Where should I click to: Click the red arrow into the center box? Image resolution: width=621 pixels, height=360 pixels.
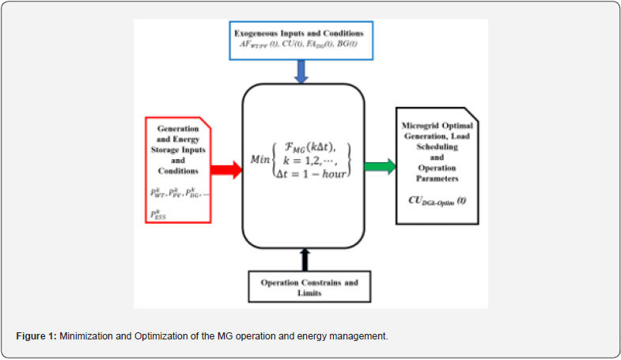[227, 169]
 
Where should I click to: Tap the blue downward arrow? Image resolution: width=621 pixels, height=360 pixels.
[302, 72]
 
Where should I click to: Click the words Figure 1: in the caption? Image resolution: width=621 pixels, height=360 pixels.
[36, 336]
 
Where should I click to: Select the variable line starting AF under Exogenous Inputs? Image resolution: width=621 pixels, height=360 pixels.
[298, 45]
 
